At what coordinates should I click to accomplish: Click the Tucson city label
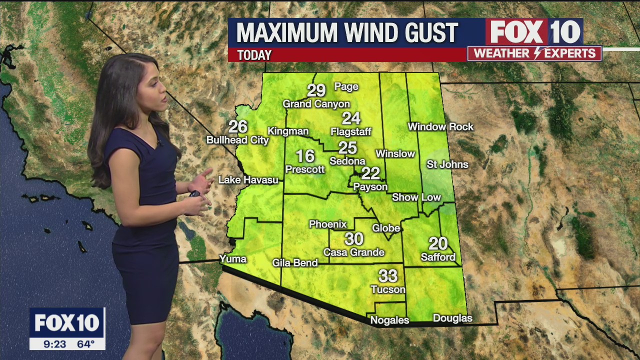[x=388, y=289]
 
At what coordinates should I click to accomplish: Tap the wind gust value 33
[x=388, y=276]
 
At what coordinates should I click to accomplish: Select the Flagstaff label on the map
[x=351, y=132]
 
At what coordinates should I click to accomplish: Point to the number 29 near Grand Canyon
[x=316, y=90]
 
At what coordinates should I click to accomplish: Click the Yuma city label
[x=233, y=258]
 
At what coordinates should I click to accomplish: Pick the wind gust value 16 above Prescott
[x=305, y=156]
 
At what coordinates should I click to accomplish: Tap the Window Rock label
[x=440, y=126]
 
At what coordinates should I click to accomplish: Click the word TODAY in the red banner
[x=254, y=55]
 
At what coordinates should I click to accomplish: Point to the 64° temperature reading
[x=85, y=344]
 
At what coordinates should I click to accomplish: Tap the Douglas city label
[x=452, y=318]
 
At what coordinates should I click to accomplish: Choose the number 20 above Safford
[x=438, y=243]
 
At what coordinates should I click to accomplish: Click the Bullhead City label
[x=237, y=140]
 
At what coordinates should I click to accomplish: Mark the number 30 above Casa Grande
[x=354, y=239]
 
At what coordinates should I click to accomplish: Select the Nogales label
[x=389, y=320]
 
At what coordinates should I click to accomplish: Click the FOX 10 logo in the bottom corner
[x=67, y=323]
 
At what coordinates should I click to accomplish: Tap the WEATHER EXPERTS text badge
[x=534, y=53]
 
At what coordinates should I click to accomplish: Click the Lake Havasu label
[x=248, y=179]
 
